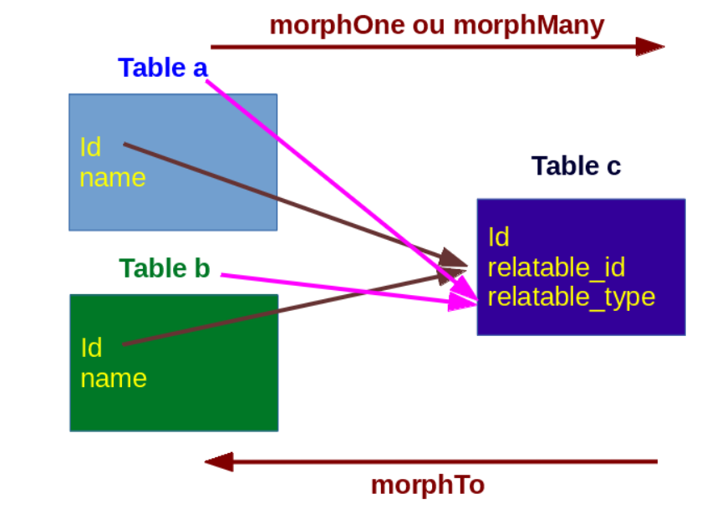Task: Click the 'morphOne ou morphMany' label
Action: [436, 24]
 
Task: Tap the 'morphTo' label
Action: [427, 485]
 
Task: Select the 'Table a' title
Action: [162, 67]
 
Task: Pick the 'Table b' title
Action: [164, 267]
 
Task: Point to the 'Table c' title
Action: [576, 165]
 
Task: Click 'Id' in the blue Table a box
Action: [90, 147]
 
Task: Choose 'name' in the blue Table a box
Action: [113, 177]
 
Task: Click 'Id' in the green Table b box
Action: [91, 347]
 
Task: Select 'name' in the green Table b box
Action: [114, 378]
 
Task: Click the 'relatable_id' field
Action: [557, 267]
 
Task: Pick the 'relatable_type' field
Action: [572, 297]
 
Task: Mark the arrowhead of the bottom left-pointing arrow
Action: [219, 461]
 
